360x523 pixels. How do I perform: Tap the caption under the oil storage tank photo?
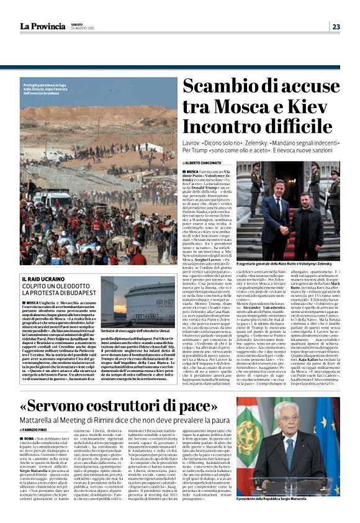point(143,331)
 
